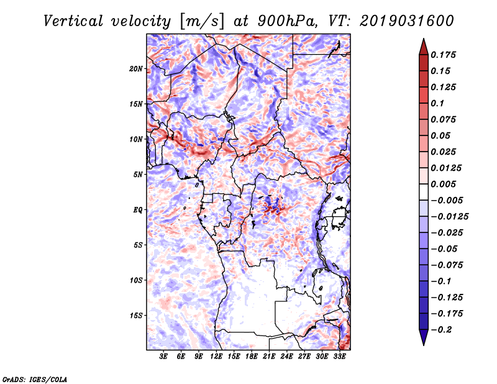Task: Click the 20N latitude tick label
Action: (136, 68)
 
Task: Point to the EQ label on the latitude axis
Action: (138, 210)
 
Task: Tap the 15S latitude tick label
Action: (136, 316)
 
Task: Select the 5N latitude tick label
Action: (138, 175)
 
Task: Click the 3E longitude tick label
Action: (164, 357)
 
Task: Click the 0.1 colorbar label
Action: (438, 103)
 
